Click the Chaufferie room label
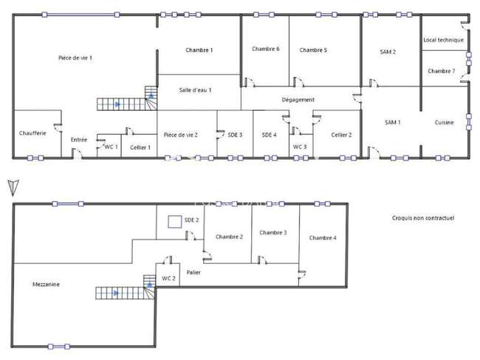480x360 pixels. [32, 133]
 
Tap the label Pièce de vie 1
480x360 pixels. [75, 58]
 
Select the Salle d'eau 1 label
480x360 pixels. [195, 90]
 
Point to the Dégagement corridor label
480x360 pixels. [298, 100]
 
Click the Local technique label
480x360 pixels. [443, 40]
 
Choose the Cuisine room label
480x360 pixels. [444, 123]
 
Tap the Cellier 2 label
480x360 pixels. [341, 135]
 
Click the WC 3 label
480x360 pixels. [300, 147]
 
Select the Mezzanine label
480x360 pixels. [46, 285]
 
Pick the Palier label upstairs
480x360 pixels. [193, 272]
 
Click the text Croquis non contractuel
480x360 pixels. [423, 218]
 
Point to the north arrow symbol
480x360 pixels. [13, 188]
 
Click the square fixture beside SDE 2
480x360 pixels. [175, 222]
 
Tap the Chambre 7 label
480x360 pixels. [441, 71]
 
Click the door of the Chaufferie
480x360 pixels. [58, 127]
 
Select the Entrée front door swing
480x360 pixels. [77, 153]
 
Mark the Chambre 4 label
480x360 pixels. [323, 238]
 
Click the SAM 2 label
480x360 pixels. [388, 52]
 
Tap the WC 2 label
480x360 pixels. [168, 279]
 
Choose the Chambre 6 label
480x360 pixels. [266, 49]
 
